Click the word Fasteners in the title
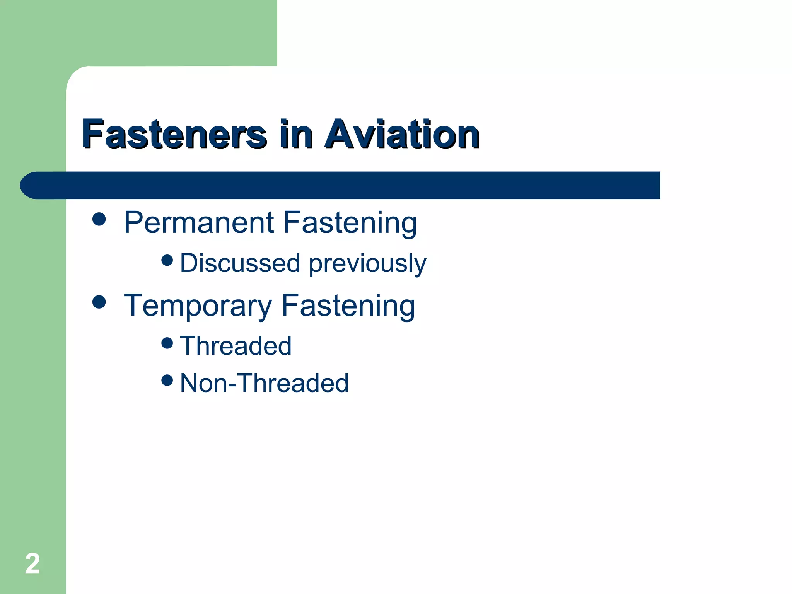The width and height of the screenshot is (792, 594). (174, 134)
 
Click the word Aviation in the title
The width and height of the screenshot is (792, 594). (402, 134)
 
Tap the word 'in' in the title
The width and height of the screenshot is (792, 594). (296, 134)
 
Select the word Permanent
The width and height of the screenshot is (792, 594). (199, 223)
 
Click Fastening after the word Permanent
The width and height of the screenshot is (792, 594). (350, 224)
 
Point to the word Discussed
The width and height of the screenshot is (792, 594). (240, 263)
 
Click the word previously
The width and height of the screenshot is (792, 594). (367, 264)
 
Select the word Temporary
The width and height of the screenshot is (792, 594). (198, 306)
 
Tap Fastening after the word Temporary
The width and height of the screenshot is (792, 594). (348, 306)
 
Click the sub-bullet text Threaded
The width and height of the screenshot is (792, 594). (236, 346)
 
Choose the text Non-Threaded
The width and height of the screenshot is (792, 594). (265, 383)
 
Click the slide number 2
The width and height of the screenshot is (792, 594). (32, 563)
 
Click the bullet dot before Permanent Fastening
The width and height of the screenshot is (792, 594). (99, 219)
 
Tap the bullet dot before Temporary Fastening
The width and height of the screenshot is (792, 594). (99, 302)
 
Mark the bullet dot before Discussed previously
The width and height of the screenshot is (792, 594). (167, 260)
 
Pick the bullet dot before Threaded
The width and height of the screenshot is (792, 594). (167, 343)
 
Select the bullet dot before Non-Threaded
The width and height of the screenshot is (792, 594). (167, 380)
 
